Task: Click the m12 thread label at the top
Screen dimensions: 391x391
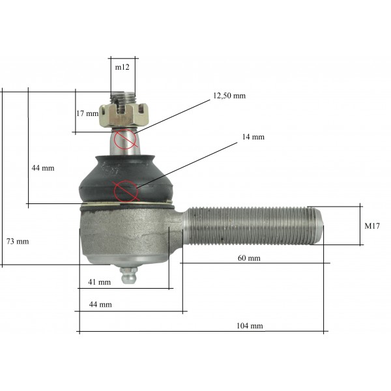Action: click(x=123, y=67)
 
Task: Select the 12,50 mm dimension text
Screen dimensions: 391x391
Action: click(x=229, y=96)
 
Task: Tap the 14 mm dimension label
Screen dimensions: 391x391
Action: click(x=253, y=137)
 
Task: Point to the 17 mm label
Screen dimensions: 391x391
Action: click(x=87, y=113)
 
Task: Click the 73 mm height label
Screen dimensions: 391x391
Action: click(x=18, y=241)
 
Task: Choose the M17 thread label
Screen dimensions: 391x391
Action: click(x=372, y=226)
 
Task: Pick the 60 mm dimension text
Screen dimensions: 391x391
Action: click(x=249, y=258)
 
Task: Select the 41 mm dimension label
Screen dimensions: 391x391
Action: click(x=99, y=282)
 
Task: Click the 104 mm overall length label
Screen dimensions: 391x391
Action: click(x=250, y=326)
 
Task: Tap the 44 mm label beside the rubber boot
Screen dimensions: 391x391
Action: click(x=43, y=168)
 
